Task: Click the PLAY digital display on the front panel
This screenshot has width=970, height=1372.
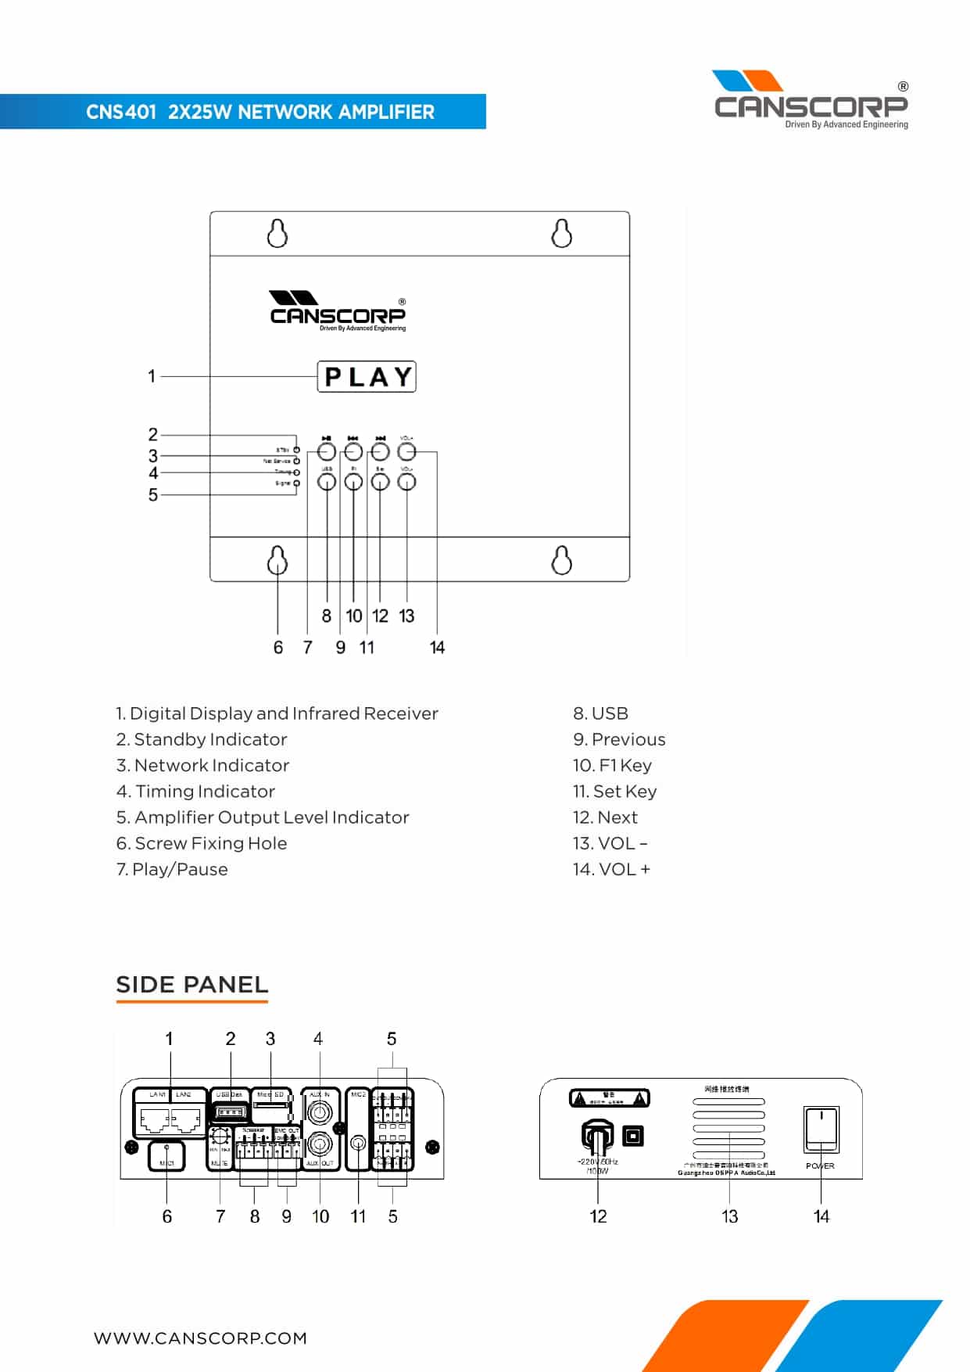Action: pyautogui.click(x=367, y=376)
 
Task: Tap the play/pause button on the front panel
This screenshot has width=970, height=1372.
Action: pyautogui.click(x=327, y=451)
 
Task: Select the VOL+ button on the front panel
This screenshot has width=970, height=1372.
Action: pyautogui.click(x=406, y=451)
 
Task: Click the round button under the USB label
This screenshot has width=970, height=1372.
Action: pyautogui.click(x=327, y=481)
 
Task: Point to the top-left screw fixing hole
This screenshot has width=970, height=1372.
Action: pyautogui.click(x=277, y=233)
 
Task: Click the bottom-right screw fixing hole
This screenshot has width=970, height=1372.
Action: pyautogui.click(x=561, y=560)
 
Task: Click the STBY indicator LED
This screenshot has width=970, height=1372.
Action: pyautogui.click(x=296, y=450)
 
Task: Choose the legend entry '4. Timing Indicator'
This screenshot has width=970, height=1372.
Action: pyautogui.click(x=195, y=791)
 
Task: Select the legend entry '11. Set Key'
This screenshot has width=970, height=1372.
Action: pyautogui.click(x=614, y=791)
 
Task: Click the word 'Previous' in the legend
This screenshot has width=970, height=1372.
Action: pyautogui.click(x=628, y=739)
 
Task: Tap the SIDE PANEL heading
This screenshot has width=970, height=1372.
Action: pyautogui.click(x=191, y=984)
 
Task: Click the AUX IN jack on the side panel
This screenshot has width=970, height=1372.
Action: pyautogui.click(x=319, y=1112)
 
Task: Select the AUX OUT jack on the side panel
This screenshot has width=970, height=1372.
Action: pyautogui.click(x=319, y=1144)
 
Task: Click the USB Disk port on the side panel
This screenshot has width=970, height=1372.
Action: pyautogui.click(x=230, y=1112)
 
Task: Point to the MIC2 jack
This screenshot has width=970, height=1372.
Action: pyautogui.click(x=358, y=1144)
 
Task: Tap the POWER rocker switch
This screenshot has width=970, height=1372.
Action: pyautogui.click(x=821, y=1129)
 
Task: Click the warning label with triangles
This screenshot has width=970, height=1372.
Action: pyautogui.click(x=609, y=1098)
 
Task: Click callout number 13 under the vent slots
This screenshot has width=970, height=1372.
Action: pyautogui.click(x=729, y=1216)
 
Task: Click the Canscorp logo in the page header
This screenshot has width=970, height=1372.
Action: pyautogui.click(x=811, y=100)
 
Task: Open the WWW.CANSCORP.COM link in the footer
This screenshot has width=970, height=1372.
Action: pyautogui.click(x=200, y=1338)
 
